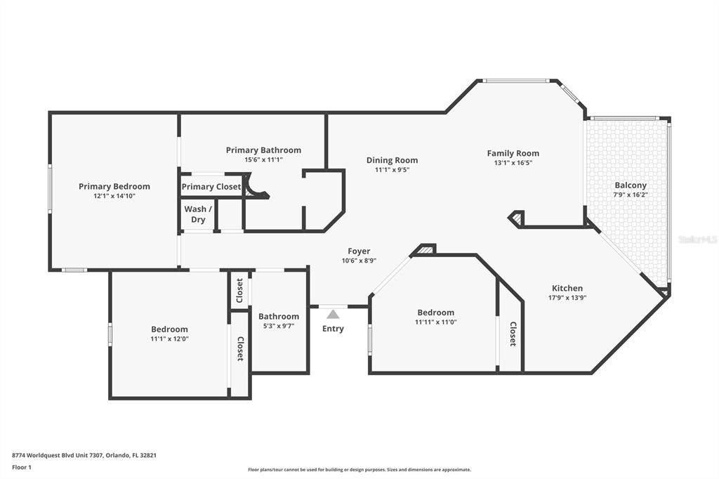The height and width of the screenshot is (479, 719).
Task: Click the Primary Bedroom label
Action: pyautogui.click(x=114, y=186)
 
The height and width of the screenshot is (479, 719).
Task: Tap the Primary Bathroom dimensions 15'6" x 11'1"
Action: pyautogui.click(x=263, y=159)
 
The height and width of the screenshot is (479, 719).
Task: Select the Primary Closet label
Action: pyautogui.click(x=211, y=187)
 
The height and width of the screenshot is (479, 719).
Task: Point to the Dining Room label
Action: pyautogui.click(x=392, y=160)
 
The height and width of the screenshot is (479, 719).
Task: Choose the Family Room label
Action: pyautogui.click(x=513, y=153)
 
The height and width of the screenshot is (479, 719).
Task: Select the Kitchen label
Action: pyautogui.click(x=567, y=288)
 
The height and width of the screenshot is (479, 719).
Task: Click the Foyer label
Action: pyautogui.click(x=359, y=251)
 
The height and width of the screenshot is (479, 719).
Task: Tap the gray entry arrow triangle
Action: pyautogui.click(x=333, y=314)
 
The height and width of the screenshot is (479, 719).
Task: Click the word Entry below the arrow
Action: pyautogui.click(x=333, y=329)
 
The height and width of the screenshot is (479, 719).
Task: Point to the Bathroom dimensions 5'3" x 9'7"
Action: pyautogui.click(x=279, y=325)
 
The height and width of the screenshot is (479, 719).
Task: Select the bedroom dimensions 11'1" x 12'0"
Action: pyautogui.click(x=169, y=339)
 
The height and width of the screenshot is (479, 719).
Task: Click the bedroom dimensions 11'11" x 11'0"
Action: pyautogui.click(x=435, y=322)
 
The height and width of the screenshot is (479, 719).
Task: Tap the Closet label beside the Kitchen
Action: pyautogui.click(x=513, y=334)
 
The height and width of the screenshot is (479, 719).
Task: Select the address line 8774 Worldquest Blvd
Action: pyautogui.click(x=84, y=455)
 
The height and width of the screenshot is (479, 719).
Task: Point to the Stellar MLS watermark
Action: pyautogui.click(x=697, y=240)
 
